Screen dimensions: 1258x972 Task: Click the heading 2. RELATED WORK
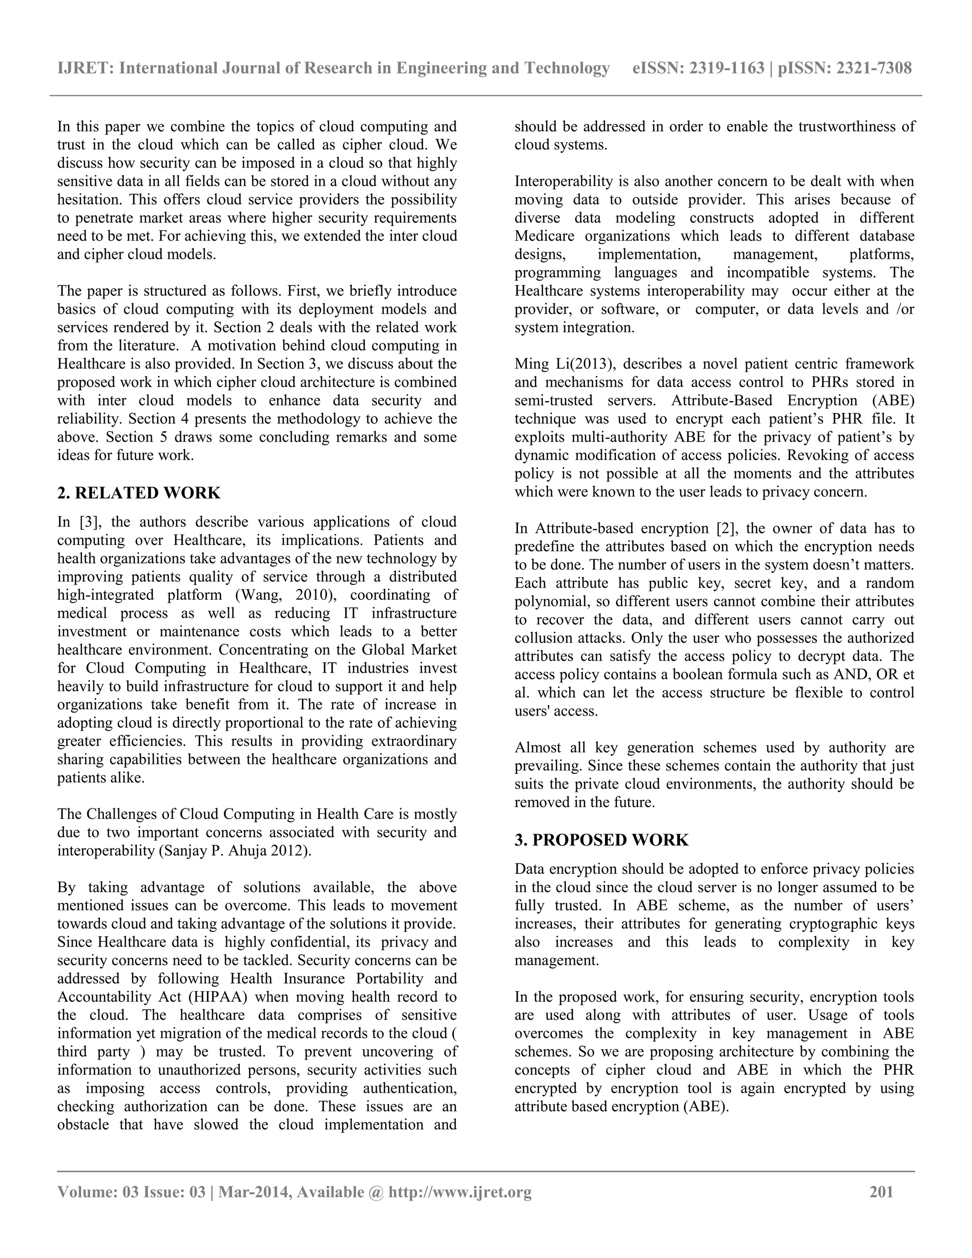(x=139, y=493)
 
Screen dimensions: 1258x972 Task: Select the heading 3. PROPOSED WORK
(x=601, y=840)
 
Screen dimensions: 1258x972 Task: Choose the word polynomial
(x=553, y=601)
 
